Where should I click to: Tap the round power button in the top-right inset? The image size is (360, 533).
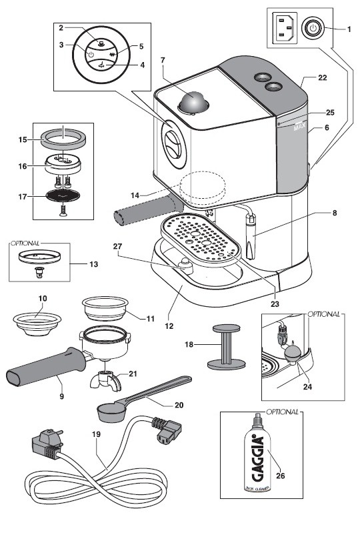point(313,29)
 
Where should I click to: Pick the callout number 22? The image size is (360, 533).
point(323,78)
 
